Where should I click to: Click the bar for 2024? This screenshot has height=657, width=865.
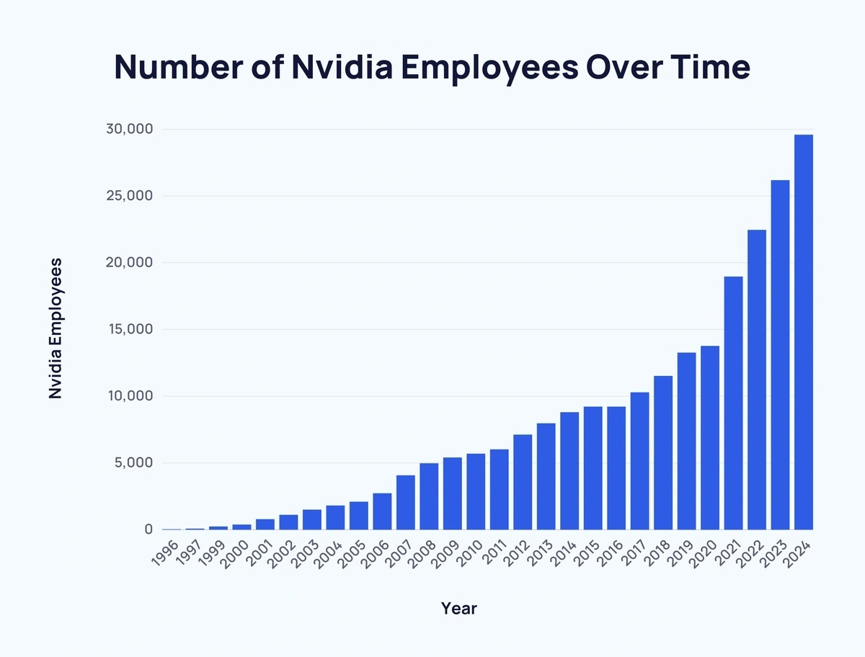point(804,332)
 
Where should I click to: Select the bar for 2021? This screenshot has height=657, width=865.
point(733,403)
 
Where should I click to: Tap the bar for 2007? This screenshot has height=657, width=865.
point(406,502)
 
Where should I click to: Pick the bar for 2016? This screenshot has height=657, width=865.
point(616,468)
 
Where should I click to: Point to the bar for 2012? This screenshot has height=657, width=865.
point(523,482)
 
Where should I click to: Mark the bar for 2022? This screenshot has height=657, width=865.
point(757,380)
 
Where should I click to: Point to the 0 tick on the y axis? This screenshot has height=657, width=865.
point(148,529)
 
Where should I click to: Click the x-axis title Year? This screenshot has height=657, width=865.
point(459,609)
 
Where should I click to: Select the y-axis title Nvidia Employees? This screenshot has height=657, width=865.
point(55,328)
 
